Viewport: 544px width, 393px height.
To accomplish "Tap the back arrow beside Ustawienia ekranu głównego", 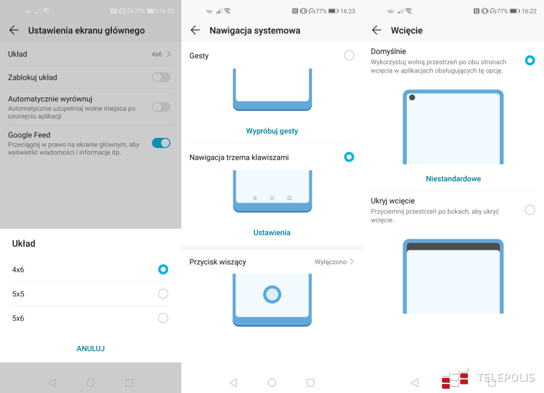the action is click(14, 30).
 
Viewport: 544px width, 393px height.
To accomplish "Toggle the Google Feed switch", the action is click(161, 143).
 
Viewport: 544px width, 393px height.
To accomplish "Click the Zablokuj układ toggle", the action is click(161, 77).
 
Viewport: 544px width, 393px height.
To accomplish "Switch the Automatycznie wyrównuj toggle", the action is click(161, 107).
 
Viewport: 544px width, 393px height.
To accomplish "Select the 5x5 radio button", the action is click(163, 294).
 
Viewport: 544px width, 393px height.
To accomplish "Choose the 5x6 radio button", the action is click(163, 318).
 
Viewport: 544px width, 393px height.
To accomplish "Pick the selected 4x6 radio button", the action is click(163, 270).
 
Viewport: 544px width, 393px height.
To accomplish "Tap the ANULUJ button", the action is click(91, 349).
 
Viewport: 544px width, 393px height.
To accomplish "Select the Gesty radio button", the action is click(349, 55).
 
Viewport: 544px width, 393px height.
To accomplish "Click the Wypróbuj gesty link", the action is click(272, 131).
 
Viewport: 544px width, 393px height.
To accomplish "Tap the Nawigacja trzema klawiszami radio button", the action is click(349, 157).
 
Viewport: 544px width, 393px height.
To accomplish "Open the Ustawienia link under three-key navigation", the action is click(272, 233).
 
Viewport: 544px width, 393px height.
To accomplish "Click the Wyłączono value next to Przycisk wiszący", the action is click(331, 262).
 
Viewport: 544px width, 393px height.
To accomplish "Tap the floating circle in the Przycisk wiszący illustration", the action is click(272, 294).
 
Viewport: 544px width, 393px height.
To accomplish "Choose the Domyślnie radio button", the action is click(529, 60).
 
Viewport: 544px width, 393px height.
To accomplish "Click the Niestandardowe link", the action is click(453, 179).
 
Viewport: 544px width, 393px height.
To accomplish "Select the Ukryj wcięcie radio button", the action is click(529, 210).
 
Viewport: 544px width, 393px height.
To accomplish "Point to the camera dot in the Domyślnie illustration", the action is click(412, 97).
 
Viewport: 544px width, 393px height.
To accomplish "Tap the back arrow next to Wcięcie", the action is click(377, 30).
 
